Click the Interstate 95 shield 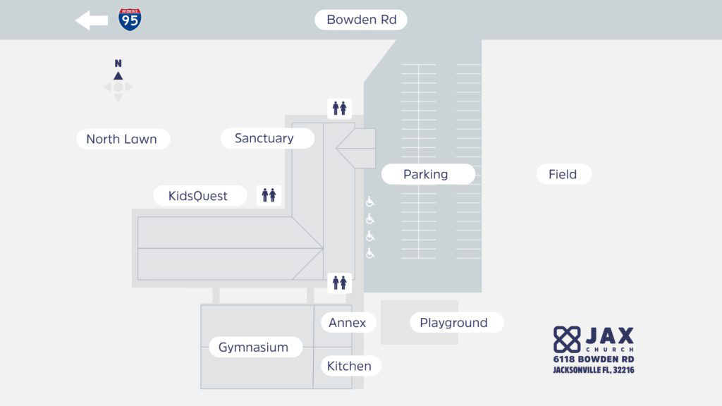point(130,20)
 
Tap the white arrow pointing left point(92,20)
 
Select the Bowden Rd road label point(361,20)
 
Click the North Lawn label point(122,139)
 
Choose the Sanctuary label point(264,138)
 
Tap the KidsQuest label point(198,196)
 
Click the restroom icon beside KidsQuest point(269,195)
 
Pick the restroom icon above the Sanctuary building point(339,109)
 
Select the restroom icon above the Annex point(340,283)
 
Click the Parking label point(426,174)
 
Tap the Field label point(563,174)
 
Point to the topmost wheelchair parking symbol point(370,202)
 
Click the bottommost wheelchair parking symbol point(370,254)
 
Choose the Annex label point(348,323)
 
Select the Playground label point(454,323)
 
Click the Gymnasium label point(254,347)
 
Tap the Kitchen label point(349,366)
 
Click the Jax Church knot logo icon point(567,339)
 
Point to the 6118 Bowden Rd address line point(593,359)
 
